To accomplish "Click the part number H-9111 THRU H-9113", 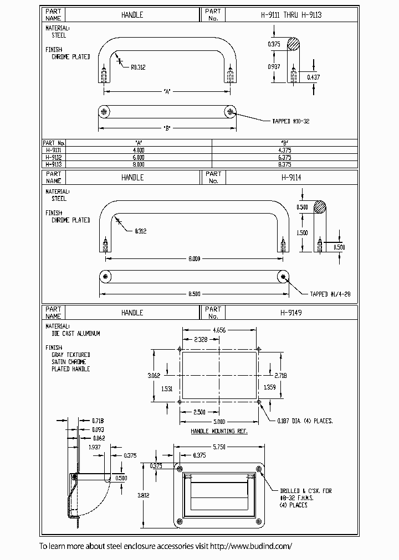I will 291,15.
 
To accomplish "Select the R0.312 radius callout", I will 139,68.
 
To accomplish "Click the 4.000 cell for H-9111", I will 139,149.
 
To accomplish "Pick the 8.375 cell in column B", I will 285,164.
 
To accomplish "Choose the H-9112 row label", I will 54,157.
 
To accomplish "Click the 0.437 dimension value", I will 313,77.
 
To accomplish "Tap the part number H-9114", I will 291,177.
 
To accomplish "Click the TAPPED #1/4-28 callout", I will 330,294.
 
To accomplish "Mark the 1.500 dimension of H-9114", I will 302,233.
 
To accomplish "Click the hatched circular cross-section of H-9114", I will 320,207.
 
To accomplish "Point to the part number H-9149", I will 291,313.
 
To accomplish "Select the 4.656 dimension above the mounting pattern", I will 219,329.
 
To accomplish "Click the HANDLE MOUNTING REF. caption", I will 219,431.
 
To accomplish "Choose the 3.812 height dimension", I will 144,496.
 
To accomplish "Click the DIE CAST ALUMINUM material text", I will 76,334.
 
